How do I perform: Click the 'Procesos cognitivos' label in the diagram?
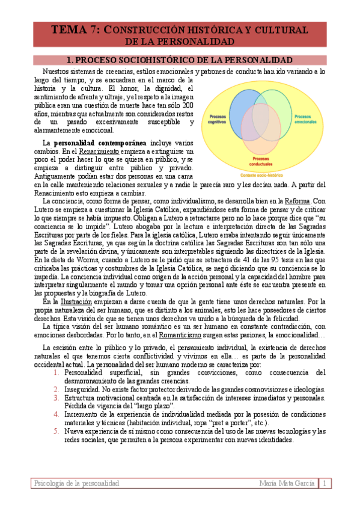(217, 119)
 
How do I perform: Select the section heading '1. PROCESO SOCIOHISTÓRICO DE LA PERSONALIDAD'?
(180, 60)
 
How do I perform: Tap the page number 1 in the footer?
(324, 484)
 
